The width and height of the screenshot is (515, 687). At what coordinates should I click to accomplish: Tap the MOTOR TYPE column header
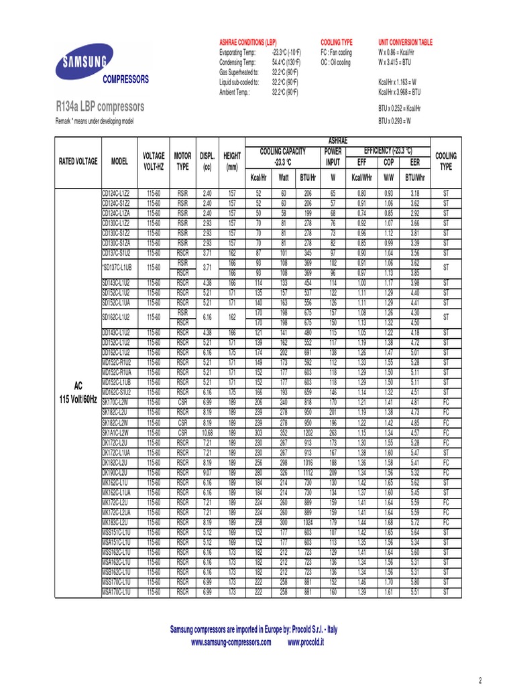pos(182,161)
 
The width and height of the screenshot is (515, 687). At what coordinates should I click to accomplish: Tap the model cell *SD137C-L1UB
pos(118,268)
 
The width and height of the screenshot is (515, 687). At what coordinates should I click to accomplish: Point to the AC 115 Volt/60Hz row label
pos(77,392)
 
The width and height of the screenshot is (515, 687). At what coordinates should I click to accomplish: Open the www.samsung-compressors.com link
pos(231,643)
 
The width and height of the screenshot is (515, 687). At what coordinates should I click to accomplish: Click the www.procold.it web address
pos(306,643)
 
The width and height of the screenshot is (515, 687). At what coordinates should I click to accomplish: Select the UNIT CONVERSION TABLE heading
pos(405,42)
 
